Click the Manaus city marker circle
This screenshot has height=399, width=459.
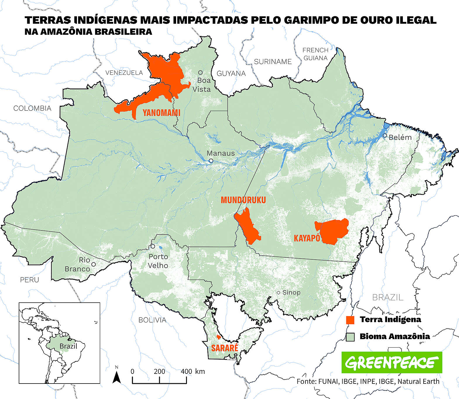pyautogui.click(x=211, y=161)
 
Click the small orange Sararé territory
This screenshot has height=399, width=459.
pyautogui.click(x=219, y=337)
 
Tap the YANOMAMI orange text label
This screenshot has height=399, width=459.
pyautogui.click(x=161, y=113)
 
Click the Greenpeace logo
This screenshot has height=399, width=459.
pyautogui.click(x=392, y=362)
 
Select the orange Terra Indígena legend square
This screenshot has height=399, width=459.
pyautogui.click(x=350, y=320)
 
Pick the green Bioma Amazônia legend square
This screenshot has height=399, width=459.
pyautogui.click(x=350, y=337)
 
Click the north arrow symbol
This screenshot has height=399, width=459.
pyautogui.click(x=117, y=377)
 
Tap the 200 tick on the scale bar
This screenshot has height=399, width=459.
pyautogui.click(x=159, y=372)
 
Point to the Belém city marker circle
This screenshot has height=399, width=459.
pyautogui.click(x=385, y=136)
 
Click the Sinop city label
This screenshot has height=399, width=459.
pyautogui.click(x=291, y=292)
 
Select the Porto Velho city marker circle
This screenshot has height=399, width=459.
pyautogui.click(x=153, y=246)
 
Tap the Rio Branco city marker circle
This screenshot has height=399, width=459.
pyautogui.click(x=93, y=264)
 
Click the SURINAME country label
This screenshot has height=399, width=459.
pyautogui.click(x=273, y=62)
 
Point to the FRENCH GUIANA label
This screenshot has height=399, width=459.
pyautogui.click(x=315, y=54)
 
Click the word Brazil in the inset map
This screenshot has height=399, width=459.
pyautogui.click(x=68, y=346)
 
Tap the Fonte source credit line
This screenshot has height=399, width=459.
pyautogui.click(x=368, y=381)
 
